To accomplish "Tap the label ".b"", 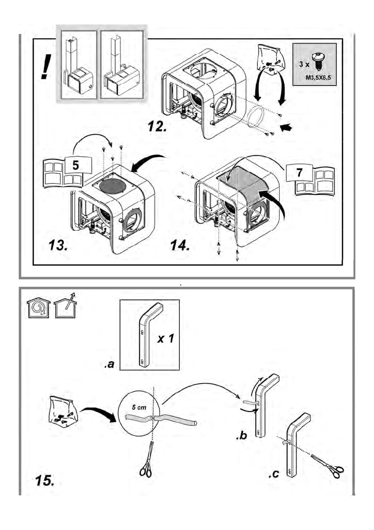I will (242, 437).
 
